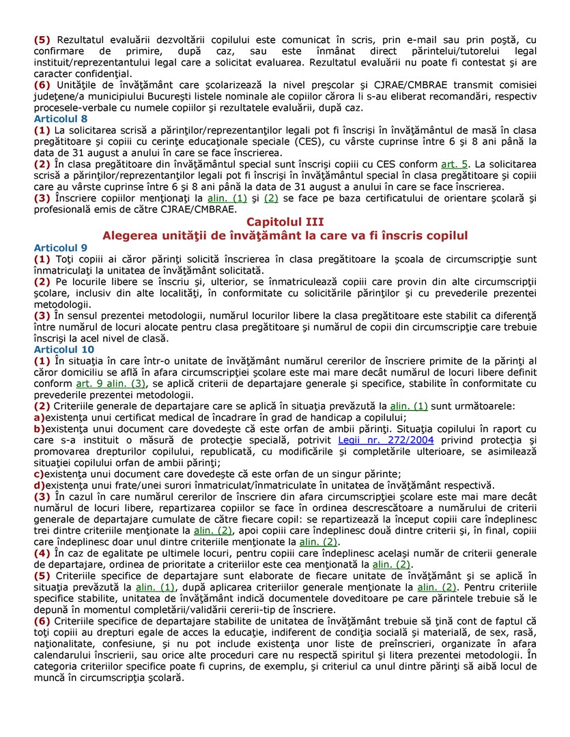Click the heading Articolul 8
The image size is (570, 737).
[x=61, y=119]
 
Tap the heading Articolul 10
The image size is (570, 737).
[x=63, y=349]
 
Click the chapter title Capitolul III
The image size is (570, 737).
[x=285, y=222]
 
